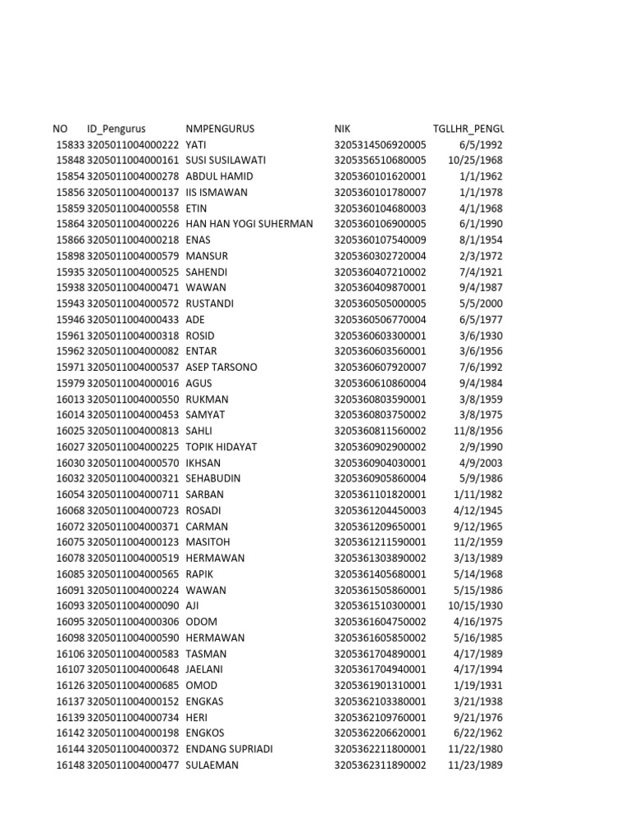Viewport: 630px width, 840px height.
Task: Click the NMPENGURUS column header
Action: [x=220, y=129]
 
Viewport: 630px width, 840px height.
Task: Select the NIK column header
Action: [x=342, y=129]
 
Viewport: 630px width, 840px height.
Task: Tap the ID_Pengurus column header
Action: [x=116, y=129]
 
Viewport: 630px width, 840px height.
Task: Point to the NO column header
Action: [x=60, y=129]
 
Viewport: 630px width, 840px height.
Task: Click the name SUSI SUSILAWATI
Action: [x=223, y=161]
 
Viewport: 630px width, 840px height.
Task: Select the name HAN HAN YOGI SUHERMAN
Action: [x=249, y=224]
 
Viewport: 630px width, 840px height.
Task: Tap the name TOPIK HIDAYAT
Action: [x=221, y=447]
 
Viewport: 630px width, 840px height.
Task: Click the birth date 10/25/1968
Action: [x=476, y=161]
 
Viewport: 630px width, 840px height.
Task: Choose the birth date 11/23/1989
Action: [x=476, y=765]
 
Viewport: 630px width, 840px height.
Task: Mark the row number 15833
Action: [x=70, y=144]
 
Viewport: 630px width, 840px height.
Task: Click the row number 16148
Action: [x=70, y=765]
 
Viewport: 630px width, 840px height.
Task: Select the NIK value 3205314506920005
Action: [x=380, y=144]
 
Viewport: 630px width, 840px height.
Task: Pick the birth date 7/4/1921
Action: [x=482, y=272]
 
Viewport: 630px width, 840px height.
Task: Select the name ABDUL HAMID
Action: [x=219, y=176]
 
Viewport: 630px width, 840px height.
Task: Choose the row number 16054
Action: [x=70, y=495]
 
